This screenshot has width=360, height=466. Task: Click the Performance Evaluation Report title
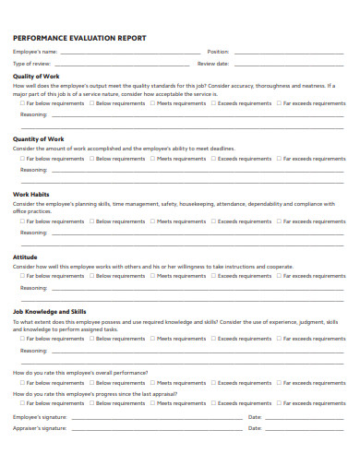pos(78,39)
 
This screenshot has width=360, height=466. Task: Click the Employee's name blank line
pos(130,53)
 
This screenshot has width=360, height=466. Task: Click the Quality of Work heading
pos(36,76)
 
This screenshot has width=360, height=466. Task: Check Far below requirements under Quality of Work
pos(23,103)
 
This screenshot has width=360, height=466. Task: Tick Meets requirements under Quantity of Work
pos(153,159)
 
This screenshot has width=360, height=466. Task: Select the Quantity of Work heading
pos(38,139)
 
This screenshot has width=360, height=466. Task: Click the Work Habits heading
pos(30,194)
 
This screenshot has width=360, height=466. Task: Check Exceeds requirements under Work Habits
pos(213,221)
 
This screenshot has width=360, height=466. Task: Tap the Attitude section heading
pos(25,257)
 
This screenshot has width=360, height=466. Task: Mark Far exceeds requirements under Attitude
pos(283,276)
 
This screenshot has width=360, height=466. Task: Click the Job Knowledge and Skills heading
pos(50,311)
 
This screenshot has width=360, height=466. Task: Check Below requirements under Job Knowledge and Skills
pos(92,339)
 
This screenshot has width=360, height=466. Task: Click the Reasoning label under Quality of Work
pos(33,114)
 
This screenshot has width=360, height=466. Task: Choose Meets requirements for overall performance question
pos(153,381)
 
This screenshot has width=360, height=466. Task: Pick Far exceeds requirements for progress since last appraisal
pos(283,403)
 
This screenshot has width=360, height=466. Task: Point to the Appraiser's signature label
pos(40,429)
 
